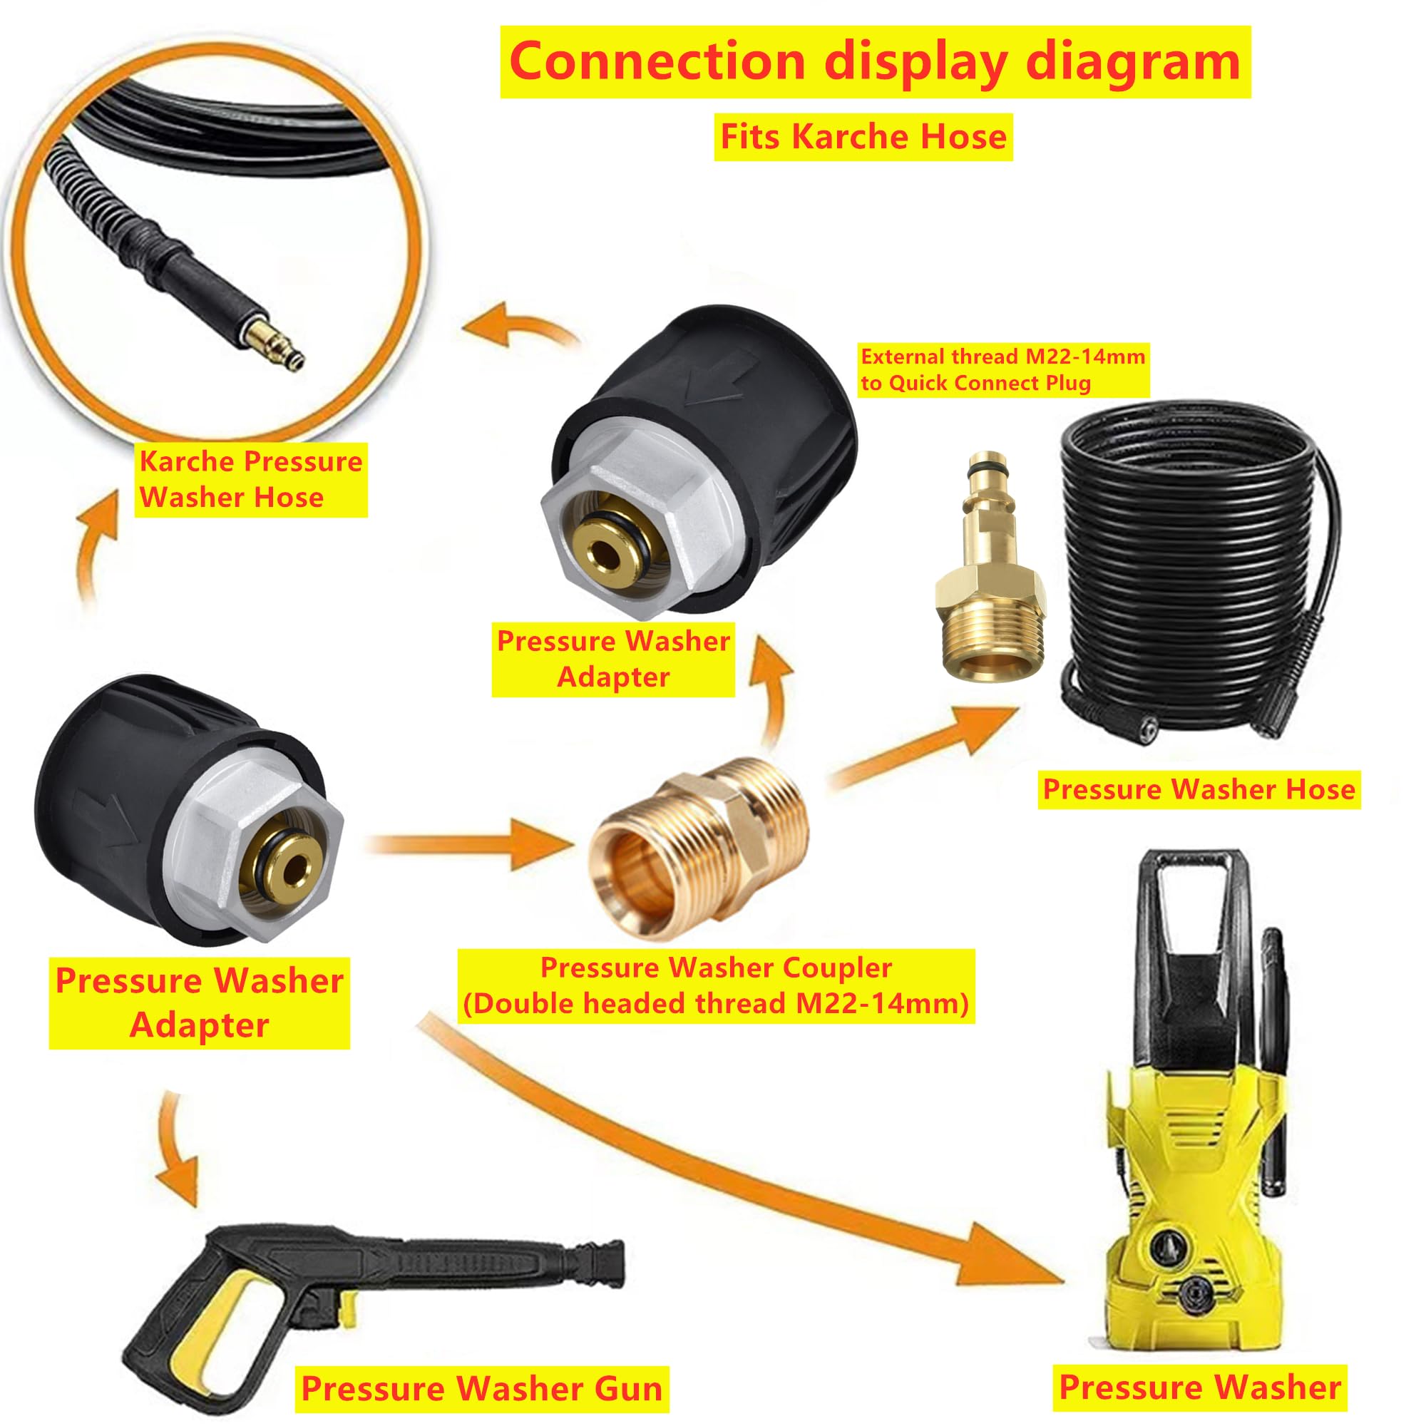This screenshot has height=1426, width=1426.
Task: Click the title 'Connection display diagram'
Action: pos(875,62)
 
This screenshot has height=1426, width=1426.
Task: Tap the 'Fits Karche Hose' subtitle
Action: pos(863,138)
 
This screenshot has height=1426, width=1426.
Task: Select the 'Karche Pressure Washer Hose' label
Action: pos(250,479)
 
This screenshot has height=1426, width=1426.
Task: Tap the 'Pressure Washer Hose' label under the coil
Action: pos(1199,789)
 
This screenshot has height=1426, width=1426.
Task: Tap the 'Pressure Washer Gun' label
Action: pos(482,1388)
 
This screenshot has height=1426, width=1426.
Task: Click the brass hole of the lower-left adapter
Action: pos(294,869)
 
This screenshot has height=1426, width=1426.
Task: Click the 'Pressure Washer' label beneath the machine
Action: pos(1199,1387)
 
